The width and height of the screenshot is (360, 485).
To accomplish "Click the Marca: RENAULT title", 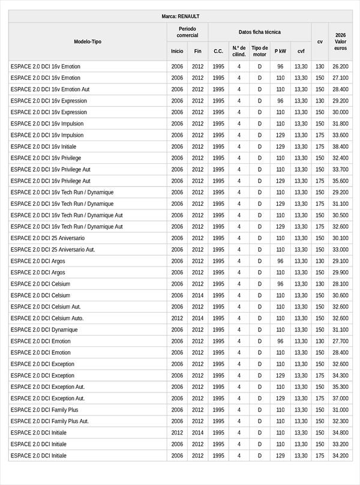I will tap(180, 16).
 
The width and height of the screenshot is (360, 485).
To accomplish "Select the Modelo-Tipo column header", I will tap(88, 41).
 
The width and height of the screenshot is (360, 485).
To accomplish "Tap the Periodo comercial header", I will tap(187, 32).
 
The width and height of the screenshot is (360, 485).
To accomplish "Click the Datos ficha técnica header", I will tap(259, 32).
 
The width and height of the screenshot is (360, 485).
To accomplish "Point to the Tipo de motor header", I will tap(260, 51).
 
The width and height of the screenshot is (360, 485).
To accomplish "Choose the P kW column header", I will tap(280, 52).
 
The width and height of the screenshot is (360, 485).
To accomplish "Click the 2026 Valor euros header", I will tap(340, 41).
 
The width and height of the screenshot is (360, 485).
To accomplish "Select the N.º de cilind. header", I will tap(239, 51).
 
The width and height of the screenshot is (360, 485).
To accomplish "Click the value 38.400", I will tap(340, 146).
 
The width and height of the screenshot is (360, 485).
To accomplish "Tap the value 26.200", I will tap(340, 67).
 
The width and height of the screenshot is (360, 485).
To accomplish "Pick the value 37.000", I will tap(340, 399).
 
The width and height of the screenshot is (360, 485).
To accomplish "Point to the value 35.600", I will tap(340, 181).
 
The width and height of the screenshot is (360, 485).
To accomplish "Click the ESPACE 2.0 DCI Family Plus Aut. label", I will tap(49, 421).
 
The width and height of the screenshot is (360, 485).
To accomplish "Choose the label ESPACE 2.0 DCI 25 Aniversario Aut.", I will tap(53, 250).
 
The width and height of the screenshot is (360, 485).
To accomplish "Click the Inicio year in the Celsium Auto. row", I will tap(177, 318).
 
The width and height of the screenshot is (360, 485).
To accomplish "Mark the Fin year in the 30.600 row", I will tap(198, 295).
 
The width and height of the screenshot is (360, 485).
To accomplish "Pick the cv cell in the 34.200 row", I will tap(320, 456).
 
